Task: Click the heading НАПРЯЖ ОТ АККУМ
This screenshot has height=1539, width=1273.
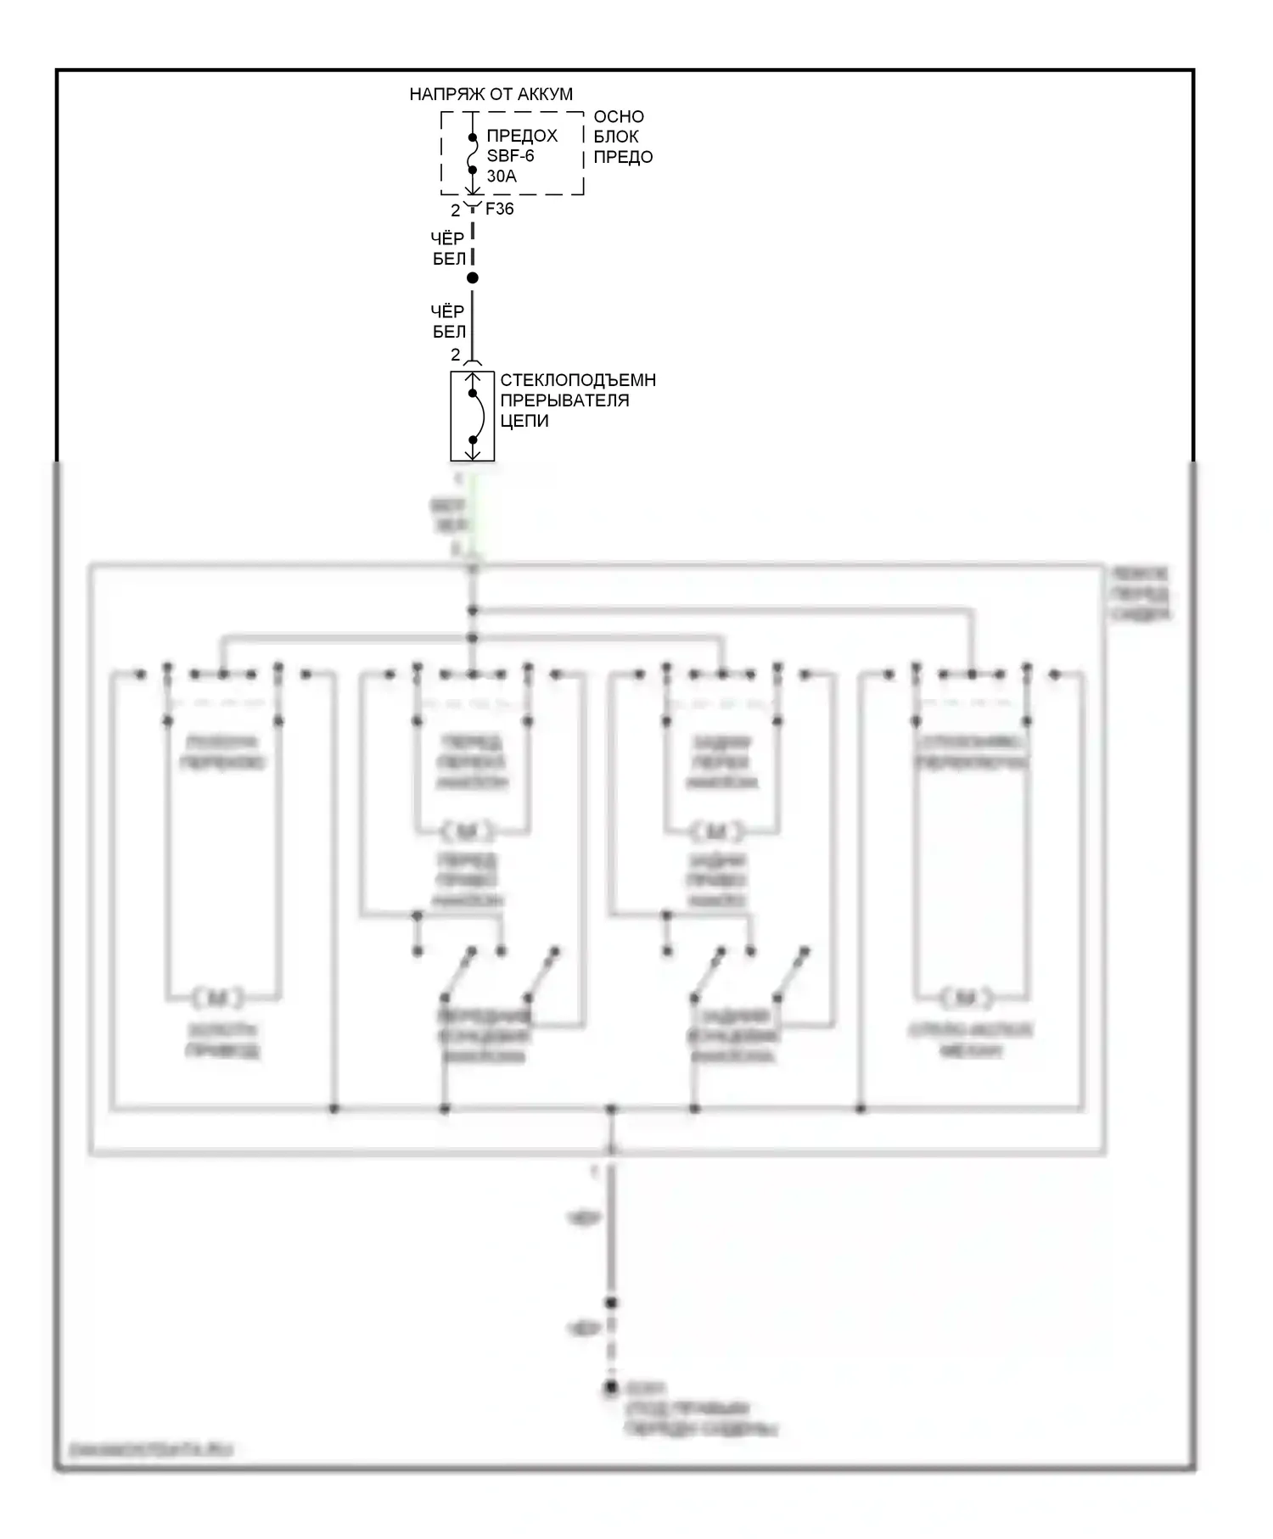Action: click(491, 94)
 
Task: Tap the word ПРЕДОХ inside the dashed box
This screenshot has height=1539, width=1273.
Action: click(522, 136)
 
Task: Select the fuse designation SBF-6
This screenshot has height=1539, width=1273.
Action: click(510, 156)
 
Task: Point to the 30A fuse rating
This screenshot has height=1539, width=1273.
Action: click(502, 176)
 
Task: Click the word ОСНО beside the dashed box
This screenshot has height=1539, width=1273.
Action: click(619, 116)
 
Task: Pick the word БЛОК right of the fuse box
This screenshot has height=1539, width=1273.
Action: click(616, 137)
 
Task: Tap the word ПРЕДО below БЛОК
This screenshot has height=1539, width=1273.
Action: click(623, 157)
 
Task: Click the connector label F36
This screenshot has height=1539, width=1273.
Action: click(499, 209)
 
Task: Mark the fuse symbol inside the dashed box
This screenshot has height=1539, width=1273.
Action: click(473, 154)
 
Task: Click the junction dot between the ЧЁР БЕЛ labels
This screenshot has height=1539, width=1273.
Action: click(473, 277)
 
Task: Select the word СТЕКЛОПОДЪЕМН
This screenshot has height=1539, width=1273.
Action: click(578, 380)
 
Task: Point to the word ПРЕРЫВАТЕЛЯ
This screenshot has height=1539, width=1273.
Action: click(564, 400)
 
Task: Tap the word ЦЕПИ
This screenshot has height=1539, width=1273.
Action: click(524, 421)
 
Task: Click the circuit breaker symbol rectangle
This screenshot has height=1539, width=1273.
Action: click(473, 416)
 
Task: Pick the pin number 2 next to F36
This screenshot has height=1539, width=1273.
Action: click(456, 210)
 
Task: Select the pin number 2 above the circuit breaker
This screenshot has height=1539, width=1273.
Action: click(456, 355)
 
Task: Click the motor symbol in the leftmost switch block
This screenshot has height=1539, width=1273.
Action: click(218, 998)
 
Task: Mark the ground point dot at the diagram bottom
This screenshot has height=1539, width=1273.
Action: click(610, 1389)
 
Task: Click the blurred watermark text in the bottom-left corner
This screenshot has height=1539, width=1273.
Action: click(150, 1450)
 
